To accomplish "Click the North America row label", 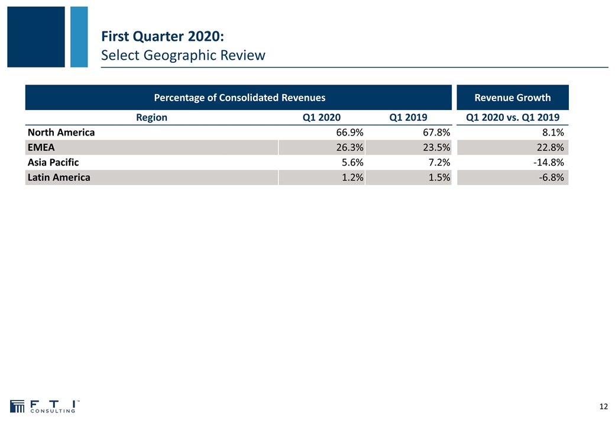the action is [61, 133].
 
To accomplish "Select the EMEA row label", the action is [41, 147].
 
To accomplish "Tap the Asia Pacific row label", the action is [53, 162].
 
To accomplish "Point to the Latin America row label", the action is [59, 177].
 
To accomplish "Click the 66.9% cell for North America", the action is [349, 133].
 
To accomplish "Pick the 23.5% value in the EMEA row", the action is [436, 147].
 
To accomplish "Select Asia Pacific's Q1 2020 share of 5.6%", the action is [352, 162].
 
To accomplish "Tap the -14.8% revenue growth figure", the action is [548, 162].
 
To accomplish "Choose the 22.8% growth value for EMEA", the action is [550, 147].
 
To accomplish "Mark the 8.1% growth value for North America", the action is [553, 133].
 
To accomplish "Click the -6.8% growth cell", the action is [551, 177].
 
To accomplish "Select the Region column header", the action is [151, 118].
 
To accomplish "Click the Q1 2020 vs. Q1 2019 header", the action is [513, 117].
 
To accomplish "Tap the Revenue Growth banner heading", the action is [513, 98].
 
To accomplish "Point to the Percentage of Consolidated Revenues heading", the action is [239, 98].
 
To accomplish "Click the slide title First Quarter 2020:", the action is [163, 36].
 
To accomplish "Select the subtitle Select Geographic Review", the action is [183, 55].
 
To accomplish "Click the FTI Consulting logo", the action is [45, 406].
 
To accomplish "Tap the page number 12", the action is [604, 407].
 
